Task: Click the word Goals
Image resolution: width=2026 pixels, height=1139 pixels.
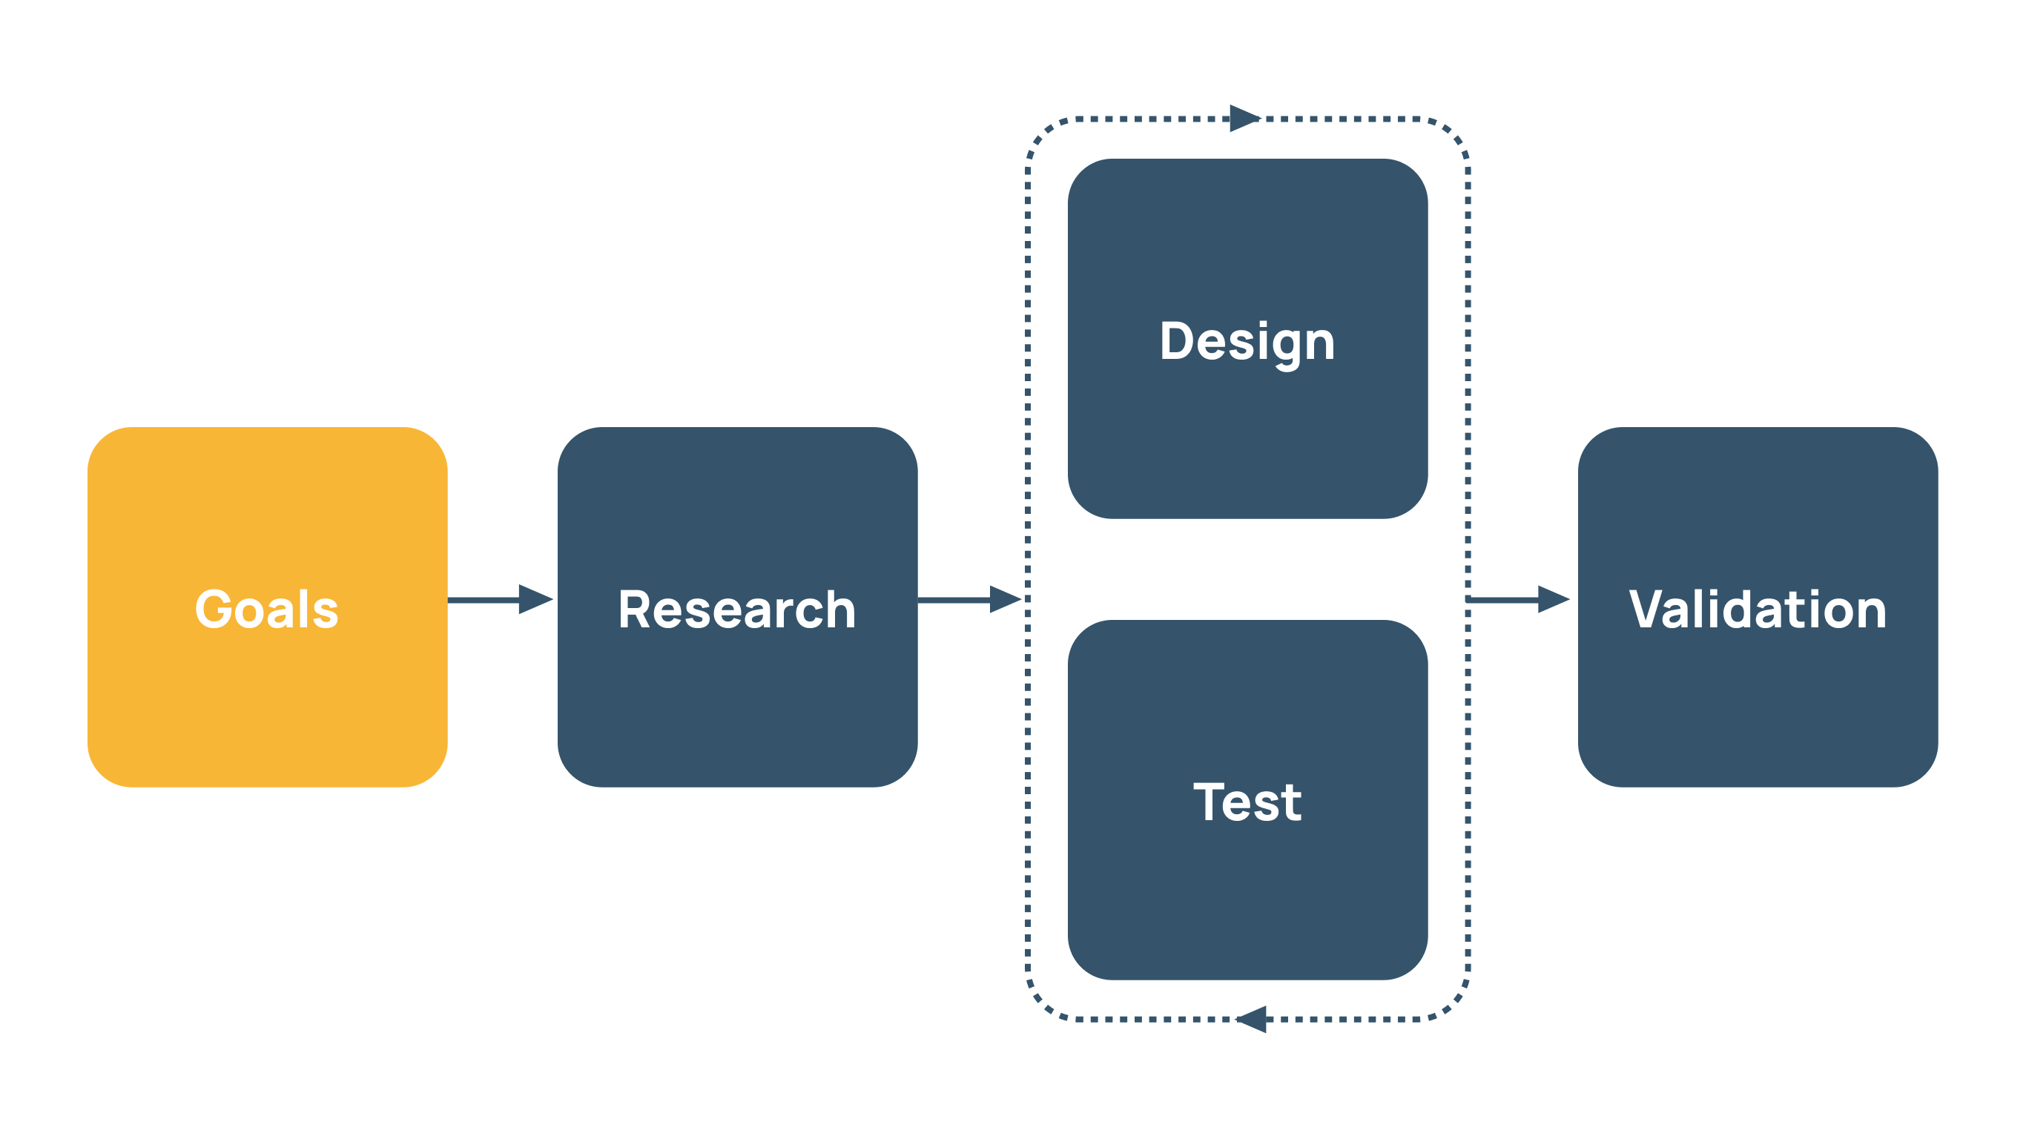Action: [x=267, y=610]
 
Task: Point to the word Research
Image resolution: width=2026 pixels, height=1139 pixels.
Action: [x=737, y=610]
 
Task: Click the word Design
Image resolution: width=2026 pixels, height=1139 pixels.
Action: [x=1247, y=342]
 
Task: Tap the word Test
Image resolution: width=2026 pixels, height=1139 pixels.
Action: [x=1247, y=802]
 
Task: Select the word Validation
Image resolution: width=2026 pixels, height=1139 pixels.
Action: [x=1758, y=610]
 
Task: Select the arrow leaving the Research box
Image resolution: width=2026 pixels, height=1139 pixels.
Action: [x=969, y=599]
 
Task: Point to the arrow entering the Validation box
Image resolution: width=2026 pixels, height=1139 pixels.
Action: [x=1518, y=599]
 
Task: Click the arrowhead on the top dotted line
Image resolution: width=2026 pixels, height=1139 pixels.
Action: [x=1244, y=119]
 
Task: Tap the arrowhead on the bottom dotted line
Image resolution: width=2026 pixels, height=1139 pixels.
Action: [x=1252, y=1020]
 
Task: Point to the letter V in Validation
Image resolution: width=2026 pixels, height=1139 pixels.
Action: [x=1646, y=610]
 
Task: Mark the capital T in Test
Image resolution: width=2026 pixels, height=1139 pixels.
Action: [x=1209, y=802]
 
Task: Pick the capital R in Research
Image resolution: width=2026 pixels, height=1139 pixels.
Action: [x=635, y=610]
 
